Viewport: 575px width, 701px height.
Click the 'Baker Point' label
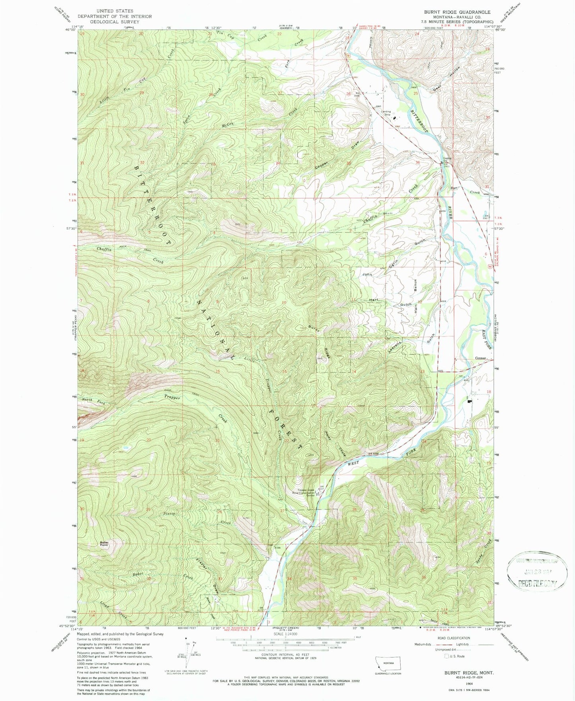pyautogui.click(x=104, y=543)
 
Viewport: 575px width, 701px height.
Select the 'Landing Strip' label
pyautogui.click(x=386, y=113)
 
